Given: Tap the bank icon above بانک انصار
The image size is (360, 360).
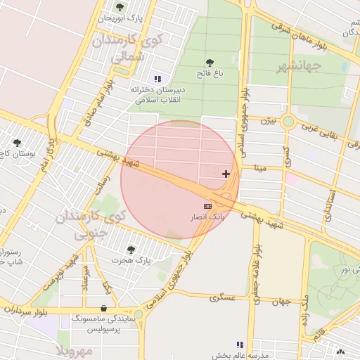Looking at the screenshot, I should [x=207, y=205].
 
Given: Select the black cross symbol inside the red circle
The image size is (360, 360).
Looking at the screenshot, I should [x=226, y=174].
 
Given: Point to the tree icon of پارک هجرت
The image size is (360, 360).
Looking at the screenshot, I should [x=130, y=249].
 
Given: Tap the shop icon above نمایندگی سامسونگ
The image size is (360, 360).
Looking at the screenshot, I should [x=104, y=308].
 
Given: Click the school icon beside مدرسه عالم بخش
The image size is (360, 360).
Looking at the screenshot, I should [x=240, y=345].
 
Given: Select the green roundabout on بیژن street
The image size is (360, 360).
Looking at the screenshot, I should [x=288, y=122].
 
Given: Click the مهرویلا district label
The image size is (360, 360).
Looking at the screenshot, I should [x=73, y=349].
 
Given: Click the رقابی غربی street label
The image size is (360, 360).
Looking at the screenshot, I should [x=320, y=132].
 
